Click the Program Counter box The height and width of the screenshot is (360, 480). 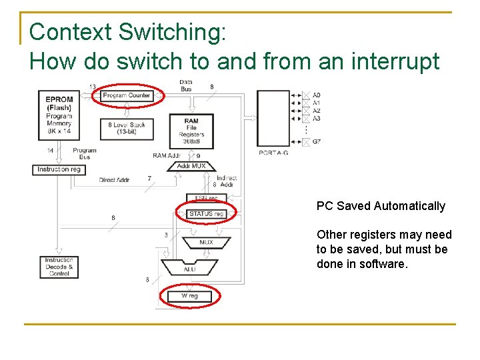point(127,95)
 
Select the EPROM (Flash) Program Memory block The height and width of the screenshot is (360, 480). point(59,115)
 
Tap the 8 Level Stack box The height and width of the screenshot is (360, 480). point(127,128)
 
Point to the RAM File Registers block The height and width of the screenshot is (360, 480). point(191,130)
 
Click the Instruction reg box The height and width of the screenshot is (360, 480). point(59,169)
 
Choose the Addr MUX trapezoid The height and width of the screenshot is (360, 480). point(191,165)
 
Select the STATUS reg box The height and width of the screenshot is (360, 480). point(206,213)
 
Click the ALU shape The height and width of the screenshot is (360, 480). point(189,269)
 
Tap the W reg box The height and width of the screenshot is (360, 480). point(189,296)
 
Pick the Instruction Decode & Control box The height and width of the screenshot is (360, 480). point(59,267)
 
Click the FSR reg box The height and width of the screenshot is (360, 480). point(207,198)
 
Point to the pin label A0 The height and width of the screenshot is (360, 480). point(317,95)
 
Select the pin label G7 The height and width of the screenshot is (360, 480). point(317,141)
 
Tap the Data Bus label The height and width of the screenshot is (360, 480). point(186,85)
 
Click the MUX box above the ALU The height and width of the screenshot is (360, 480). point(206,242)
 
